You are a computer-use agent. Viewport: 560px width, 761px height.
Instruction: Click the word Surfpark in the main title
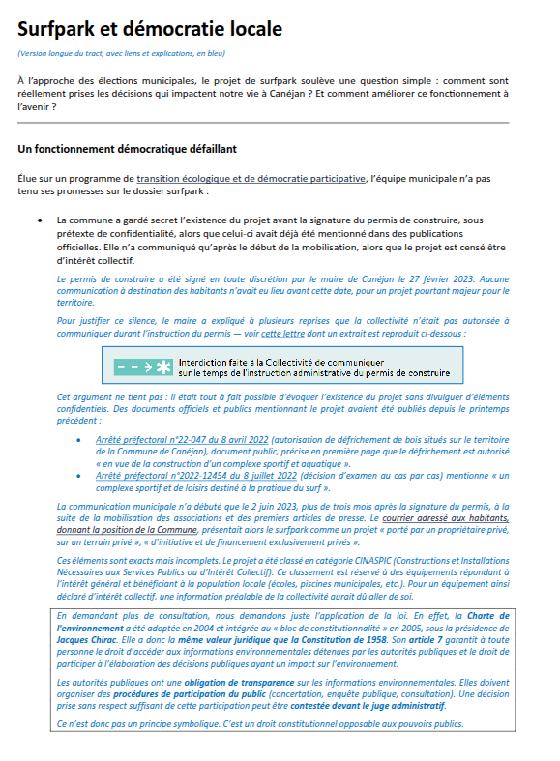(62, 29)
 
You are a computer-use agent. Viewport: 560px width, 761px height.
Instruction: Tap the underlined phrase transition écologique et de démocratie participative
(251, 179)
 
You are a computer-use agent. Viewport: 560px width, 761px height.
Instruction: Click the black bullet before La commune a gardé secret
(39, 220)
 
